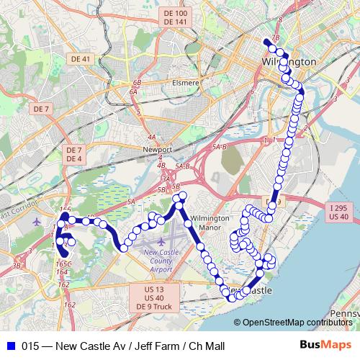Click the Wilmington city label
[290, 62]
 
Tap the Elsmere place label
[185, 83]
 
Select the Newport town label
[158, 150]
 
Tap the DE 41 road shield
[79, 58]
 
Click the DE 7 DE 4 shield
[74, 154]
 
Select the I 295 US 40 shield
[338, 212]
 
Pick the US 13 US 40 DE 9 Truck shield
[153, 297]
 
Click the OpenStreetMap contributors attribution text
[297, 323]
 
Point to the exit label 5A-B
[219, 146]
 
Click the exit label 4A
[151, 136]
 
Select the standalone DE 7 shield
[40, 109]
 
